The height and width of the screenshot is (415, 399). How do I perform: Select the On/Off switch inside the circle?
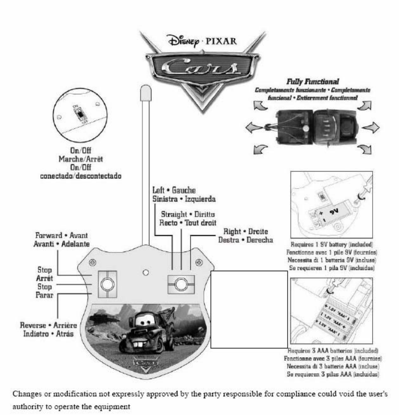click(x=77, y=115)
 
